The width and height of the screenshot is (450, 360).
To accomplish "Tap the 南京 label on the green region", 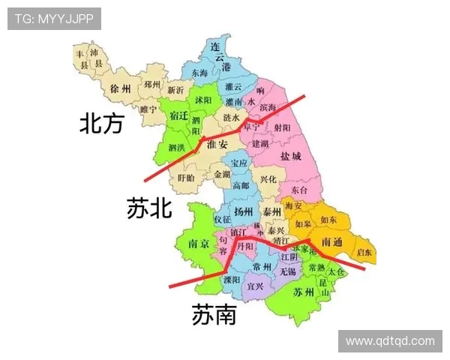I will tap(199, 244).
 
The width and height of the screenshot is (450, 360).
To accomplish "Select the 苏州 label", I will tap(304, 292).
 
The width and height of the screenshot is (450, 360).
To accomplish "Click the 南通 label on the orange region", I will tap(331, 243).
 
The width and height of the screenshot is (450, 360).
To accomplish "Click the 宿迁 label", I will tap(179, 116).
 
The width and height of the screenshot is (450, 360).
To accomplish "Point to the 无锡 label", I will tap(287, 271).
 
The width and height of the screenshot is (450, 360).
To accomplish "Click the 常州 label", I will tap(262, 266).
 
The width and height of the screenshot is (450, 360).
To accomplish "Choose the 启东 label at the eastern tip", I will tap(364, 252).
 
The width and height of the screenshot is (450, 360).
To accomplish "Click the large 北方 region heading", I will tap(101, 124).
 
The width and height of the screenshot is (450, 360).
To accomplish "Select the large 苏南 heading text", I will tap(214, 315).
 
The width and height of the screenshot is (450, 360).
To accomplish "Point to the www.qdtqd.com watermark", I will tap(390, 341).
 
